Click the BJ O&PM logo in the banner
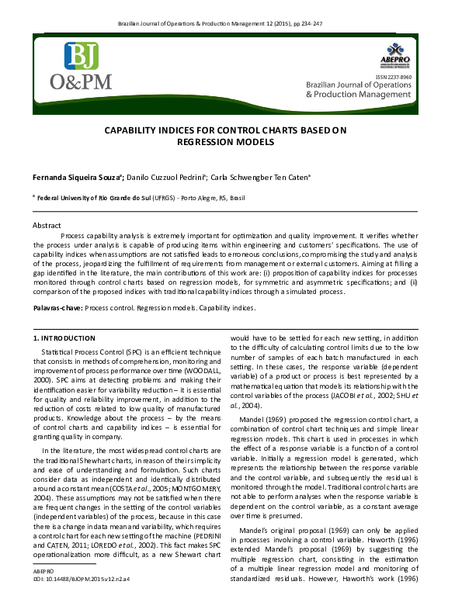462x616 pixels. coord(81,65)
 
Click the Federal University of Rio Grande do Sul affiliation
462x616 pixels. coord(94,199)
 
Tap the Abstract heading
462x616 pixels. coord(47,225)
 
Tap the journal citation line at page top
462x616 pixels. coord(231,25)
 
